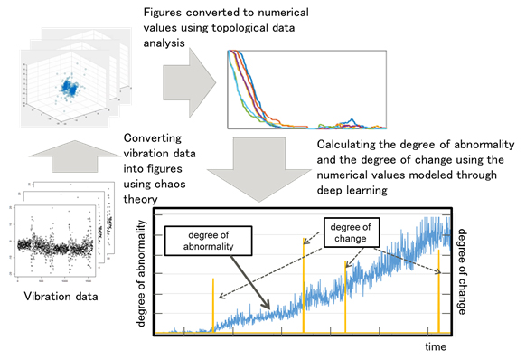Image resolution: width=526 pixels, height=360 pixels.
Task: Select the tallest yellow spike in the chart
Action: [x=304, y=285]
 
